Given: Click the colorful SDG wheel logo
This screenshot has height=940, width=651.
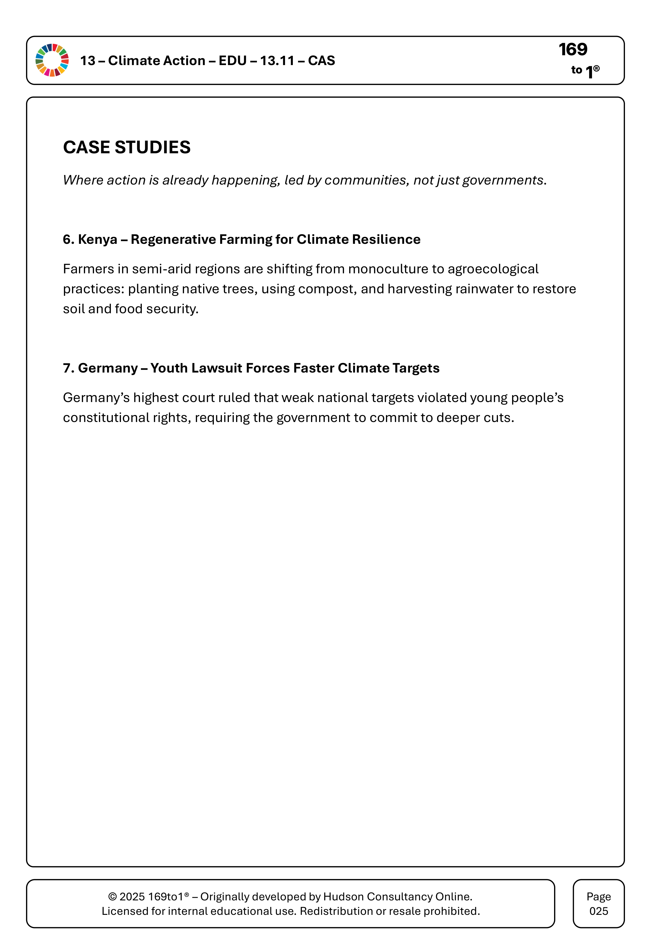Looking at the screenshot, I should tap(52, 60).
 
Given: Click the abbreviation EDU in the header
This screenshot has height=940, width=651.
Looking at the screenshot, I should tap(233, 61).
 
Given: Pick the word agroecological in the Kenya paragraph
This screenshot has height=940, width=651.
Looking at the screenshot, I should tap(493, 269).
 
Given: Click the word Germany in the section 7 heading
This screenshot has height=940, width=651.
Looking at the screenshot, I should tap(108, 368).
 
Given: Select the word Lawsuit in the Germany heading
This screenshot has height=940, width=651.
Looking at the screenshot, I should tap(217, 368).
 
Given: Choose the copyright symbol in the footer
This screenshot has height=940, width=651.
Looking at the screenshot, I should tap(112, 897).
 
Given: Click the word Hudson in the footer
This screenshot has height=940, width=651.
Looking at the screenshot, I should tap(343, 897).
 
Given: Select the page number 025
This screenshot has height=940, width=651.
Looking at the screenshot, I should tap(598, 911).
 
